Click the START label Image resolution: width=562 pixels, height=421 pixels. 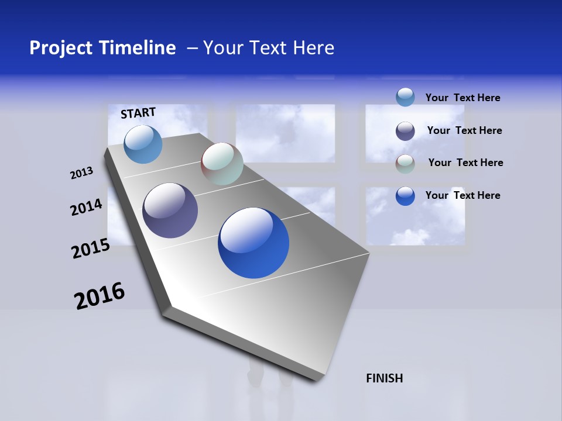pos(138,113)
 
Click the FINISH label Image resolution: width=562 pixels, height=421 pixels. pos(384,378)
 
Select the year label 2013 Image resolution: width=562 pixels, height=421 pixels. pos(81,172)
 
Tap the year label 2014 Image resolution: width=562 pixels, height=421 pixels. pos(86,207)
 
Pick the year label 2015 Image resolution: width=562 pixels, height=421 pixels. pos(90,249)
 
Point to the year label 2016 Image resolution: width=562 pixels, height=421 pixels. pos(100,295)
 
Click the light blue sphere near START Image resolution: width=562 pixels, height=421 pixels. pos(143,144)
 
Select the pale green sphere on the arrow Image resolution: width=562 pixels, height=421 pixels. pos(222,164)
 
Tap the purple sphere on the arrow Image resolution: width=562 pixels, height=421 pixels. pos(170,210)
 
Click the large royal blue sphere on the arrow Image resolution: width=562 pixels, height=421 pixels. pos(253,243)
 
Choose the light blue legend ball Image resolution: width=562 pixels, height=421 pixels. pos(405,97)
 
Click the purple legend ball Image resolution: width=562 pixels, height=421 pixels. pos(405,131)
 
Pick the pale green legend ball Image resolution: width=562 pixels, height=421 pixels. pos(405,163)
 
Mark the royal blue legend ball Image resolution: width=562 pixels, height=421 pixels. pos(405,195)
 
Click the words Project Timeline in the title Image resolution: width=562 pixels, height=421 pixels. pos(102,48)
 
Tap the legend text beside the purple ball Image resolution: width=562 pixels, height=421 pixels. pos(464,130)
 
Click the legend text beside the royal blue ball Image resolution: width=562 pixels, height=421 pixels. pos(462,195)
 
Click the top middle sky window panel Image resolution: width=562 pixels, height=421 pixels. pos(285,133)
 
